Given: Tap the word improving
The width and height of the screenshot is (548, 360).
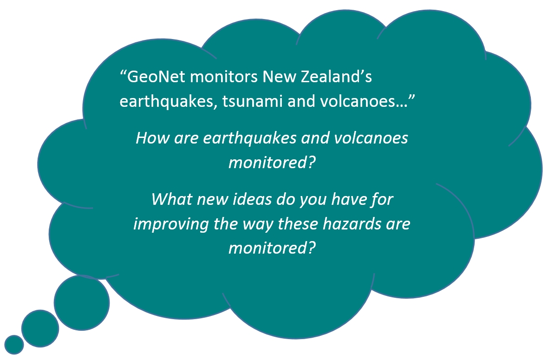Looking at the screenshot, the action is pyautogui.click(x=171, y=224).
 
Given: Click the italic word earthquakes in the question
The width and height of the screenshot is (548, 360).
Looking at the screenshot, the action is pyautogui.click(x=250, y=138).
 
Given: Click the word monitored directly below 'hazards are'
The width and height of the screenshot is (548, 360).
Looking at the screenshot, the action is pyautogui.click(x=272, y=248).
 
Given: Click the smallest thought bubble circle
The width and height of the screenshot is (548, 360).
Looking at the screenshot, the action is pyautogui.click(x=14, y=345).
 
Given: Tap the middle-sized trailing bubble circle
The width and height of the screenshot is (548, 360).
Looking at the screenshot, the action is pyautogui.click(x=40, y=328).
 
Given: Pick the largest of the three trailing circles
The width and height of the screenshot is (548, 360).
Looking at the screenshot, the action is pyautogui.click(x=81, y=303).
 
